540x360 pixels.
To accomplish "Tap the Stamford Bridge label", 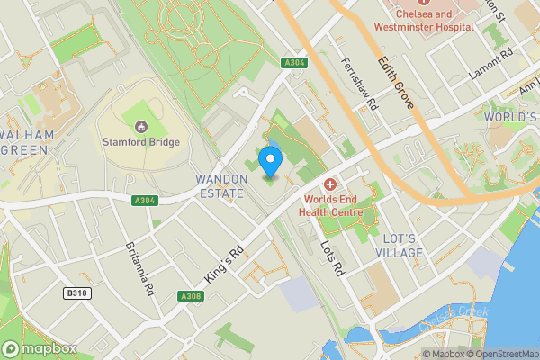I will (x=141, y=141).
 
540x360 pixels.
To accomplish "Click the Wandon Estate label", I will (x=220, y=186).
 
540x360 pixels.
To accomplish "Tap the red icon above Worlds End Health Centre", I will (x=329, y=184).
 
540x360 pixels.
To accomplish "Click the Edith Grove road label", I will (x=396, y=84).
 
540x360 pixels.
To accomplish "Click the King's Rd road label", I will (x=225, y=267).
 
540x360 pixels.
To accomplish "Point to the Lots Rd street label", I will (x=332, y=258).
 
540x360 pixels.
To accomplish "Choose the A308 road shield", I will (x=190, y=296).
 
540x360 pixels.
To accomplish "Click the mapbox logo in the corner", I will (x=40, y=348).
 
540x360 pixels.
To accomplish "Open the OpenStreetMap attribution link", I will (x=502, y=354).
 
